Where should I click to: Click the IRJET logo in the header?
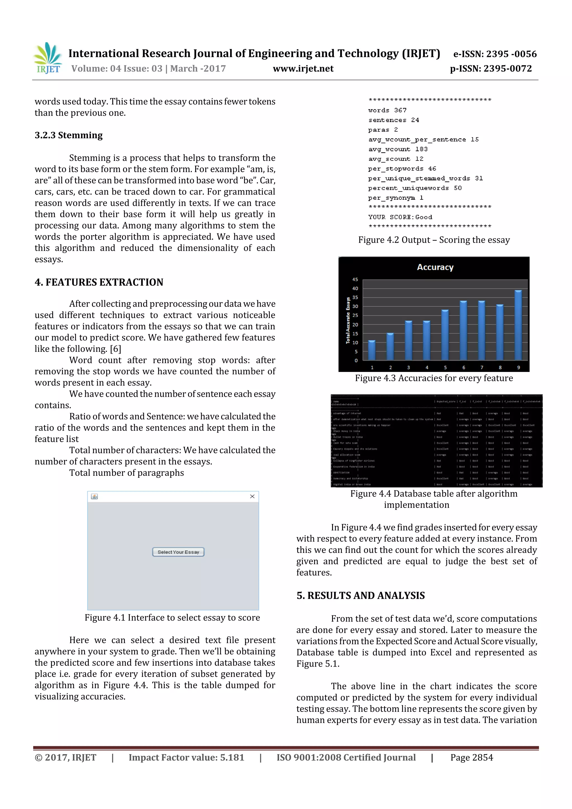(48, 58)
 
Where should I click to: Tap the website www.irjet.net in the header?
(303, 69)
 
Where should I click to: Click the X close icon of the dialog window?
(252, 497)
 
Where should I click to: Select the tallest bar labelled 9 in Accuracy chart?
(518, 324)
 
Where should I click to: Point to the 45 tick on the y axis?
(355, 280)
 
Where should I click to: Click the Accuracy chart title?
(435, 268)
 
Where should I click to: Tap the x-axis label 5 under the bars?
(445, 367)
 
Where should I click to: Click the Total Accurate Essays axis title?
(348, 320)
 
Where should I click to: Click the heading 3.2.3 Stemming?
(68, 135)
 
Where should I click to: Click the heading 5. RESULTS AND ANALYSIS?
(360, 595)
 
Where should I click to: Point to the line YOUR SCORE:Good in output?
(400, 217)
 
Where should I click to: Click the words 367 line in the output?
(387, 110)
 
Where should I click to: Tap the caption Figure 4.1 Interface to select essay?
(172, 618)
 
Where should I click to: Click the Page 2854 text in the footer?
(471, 757)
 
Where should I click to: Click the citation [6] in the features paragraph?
(115, 349)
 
